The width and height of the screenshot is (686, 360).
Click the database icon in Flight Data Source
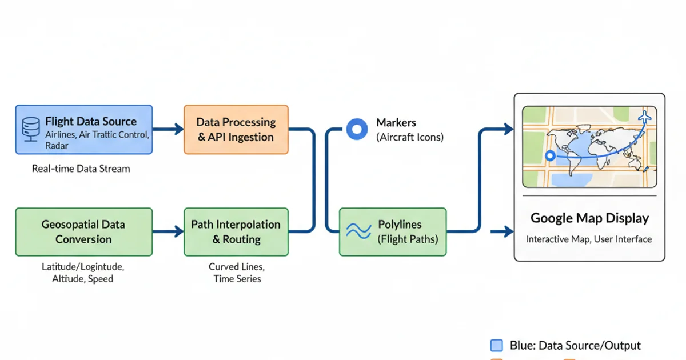click(30, 129)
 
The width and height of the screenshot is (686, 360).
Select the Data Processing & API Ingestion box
click(236, 130)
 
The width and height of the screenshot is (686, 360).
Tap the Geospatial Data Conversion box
click(83, 232)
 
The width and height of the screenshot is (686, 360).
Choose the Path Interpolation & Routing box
click(236, 232)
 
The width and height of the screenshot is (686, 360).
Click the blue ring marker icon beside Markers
click(357, 130)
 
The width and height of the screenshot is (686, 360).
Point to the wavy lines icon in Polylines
click(359, 231)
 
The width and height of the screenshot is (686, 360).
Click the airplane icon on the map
click(646, 117)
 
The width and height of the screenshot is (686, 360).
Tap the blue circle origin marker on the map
click(550, 155)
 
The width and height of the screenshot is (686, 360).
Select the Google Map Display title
click(589, 218)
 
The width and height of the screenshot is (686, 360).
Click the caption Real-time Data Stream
click(81, 169)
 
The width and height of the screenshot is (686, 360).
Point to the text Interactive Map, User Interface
click(589, 239)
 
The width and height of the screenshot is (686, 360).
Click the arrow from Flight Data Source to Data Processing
click(167, 130)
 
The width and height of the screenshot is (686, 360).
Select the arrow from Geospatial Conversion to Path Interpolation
click(167, 232)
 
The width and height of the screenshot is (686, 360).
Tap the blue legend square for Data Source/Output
click(497, 345)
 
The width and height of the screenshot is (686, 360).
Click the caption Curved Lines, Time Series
click(236, 273)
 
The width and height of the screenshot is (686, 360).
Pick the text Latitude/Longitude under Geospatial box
click(83, 267)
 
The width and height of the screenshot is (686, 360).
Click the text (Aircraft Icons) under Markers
click(409, 137)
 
